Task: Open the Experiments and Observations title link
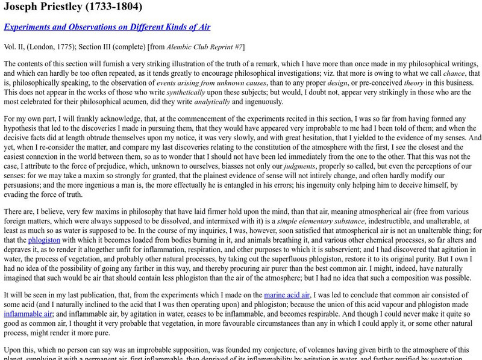pos(107,28)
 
